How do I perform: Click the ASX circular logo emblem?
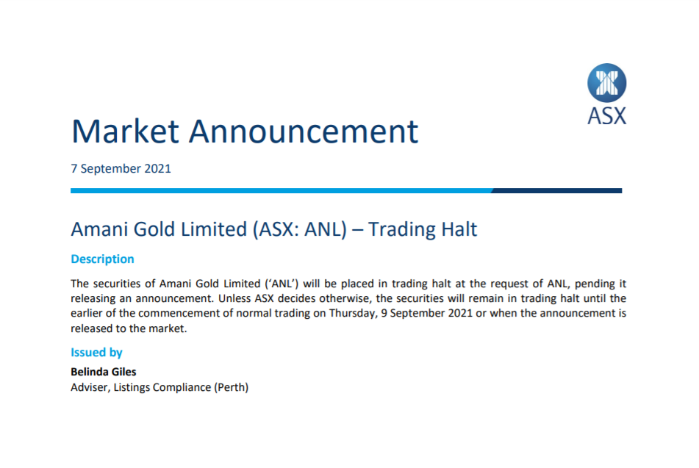(x=606, y=82)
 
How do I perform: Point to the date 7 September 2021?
(x=121, y=168)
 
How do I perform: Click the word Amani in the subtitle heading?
(x=98, y=229)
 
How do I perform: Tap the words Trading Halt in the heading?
(x=423, y=229)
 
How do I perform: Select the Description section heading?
(x=102, y=259)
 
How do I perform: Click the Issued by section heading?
(x=96, y=353)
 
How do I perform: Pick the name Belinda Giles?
(x=104, y=372)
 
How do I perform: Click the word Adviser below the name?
(x=90, y=387)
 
